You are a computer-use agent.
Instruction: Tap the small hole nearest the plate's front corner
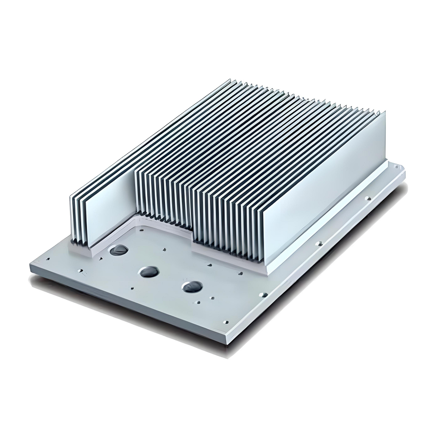pos(225,320)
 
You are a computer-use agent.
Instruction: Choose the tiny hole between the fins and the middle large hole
pos(165,250)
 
